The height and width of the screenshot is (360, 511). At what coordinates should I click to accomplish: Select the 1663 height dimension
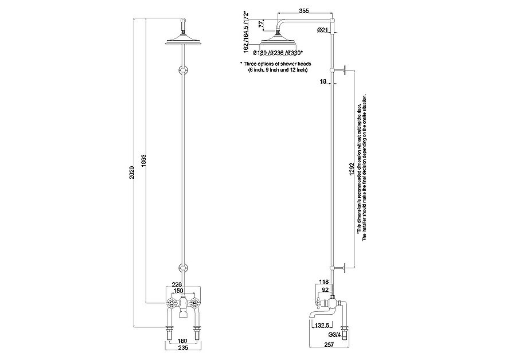tap(143, 162)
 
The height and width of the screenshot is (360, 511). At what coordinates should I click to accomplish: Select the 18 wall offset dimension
tap(323, 83)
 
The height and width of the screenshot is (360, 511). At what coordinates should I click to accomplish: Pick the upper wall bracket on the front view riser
tap(182, 70)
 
